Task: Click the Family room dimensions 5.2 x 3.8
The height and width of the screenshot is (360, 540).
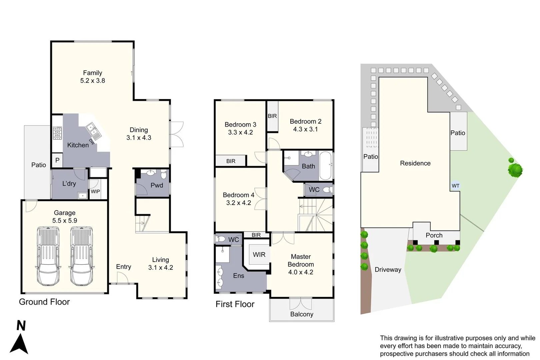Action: point(92,81)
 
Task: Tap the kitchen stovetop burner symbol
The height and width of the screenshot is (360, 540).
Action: point(57,133)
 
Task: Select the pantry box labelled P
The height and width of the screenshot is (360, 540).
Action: point(57,160)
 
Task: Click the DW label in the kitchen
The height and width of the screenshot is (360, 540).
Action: point(92,142)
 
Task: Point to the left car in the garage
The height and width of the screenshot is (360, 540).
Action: point(49,256)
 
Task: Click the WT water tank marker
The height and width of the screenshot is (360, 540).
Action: point(455,186)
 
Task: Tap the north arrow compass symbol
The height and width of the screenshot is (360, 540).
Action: point(19,343)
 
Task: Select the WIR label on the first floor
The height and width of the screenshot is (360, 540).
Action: point(259,255)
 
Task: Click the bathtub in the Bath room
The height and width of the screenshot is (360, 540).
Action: point(325,166)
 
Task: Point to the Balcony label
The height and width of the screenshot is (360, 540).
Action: point(302,314)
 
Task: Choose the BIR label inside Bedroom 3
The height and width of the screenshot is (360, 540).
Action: point(231,161)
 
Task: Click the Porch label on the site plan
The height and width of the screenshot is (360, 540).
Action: point(434,235)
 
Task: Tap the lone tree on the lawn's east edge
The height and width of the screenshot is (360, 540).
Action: point(515,169)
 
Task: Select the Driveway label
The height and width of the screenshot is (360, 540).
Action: point(388,270)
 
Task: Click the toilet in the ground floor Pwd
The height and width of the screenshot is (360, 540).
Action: point(164,174)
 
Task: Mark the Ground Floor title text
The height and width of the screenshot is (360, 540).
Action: point(44,302)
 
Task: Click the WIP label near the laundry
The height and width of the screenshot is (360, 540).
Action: point(95,192)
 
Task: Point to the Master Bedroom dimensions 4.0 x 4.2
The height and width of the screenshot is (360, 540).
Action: point(301,272)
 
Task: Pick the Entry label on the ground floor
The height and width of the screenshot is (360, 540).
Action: point(123,267)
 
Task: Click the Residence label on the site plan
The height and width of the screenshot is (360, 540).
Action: point(415,163)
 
